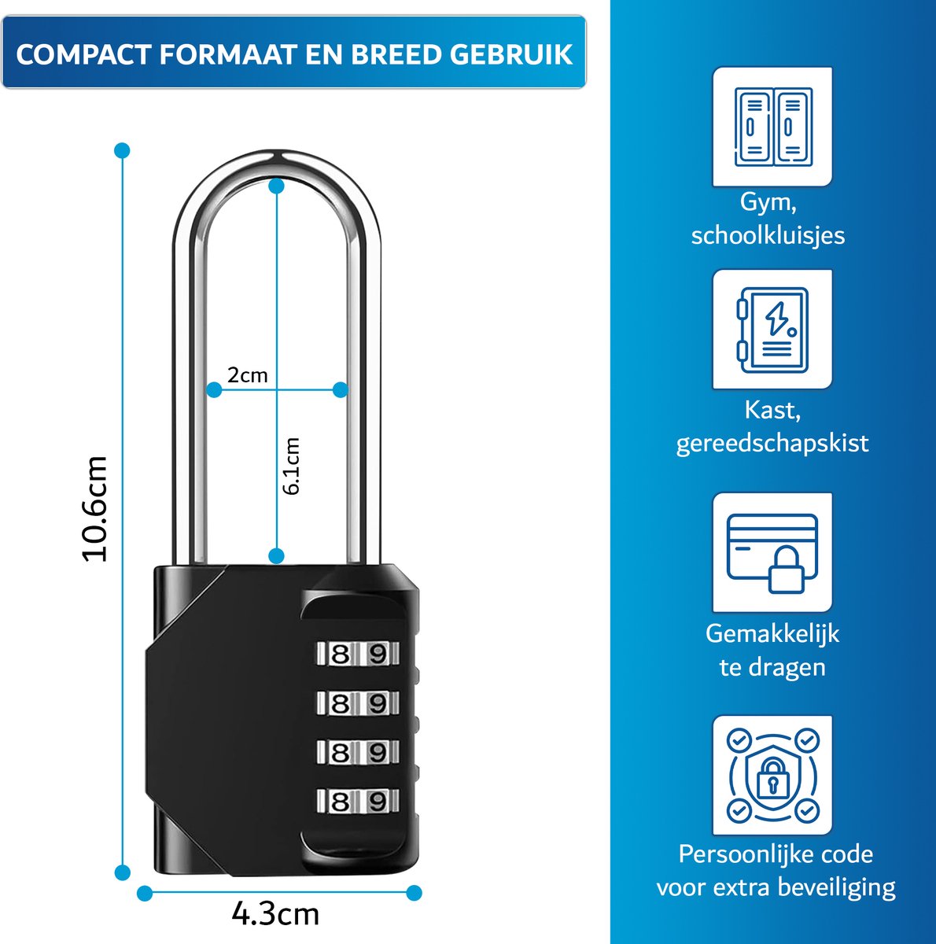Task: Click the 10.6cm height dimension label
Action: [x=94, y=508]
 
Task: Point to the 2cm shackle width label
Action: [x=248, y=375]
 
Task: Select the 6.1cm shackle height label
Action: [x=291, y=466]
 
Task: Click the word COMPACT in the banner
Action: [x=83, y=54]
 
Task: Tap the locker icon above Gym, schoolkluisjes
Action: [x=772, y=127]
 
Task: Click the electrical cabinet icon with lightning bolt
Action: [x=772, y=330]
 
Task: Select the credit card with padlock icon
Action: [x=772, y=553]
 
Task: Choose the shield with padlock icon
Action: [x=772, y=776]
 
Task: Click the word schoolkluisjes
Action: [x=768, y=236]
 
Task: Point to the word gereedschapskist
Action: [x=772, y=444]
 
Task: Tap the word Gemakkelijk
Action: [x=772, y=633]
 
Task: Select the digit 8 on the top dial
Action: [x=340, y=654]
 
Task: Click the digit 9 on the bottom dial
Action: [x=378, y=802]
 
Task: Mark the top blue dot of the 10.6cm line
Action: [x=122, y=150]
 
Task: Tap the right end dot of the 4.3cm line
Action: [x=414, y=893]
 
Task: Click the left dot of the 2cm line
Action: [x=214, y=390]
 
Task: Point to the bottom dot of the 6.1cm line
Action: [x=276, y=556]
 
